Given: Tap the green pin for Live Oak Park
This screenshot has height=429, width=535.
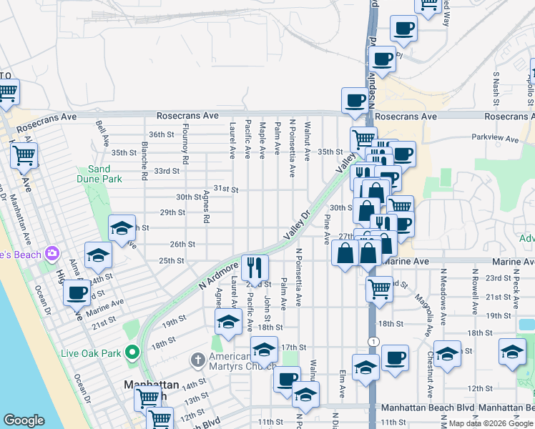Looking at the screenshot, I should coord(131,352).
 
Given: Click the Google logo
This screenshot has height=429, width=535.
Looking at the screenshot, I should coord(24,420).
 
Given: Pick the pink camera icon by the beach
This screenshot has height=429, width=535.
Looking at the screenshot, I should coord(51,253).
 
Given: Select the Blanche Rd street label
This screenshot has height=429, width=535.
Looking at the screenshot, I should coord(145,161).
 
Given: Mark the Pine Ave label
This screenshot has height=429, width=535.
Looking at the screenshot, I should coord(328,228).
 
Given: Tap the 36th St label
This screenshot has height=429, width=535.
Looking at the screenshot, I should coord(161,134).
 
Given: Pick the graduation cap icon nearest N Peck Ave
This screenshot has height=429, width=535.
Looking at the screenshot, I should coord(512,352).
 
